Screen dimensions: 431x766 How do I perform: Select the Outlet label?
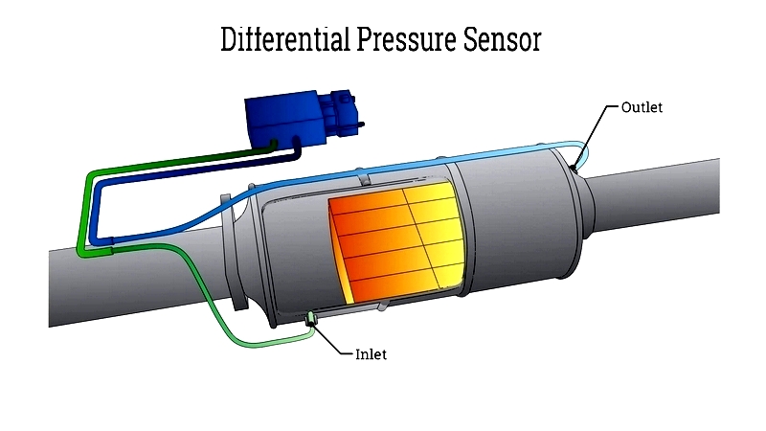click(x=642, y=107)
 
